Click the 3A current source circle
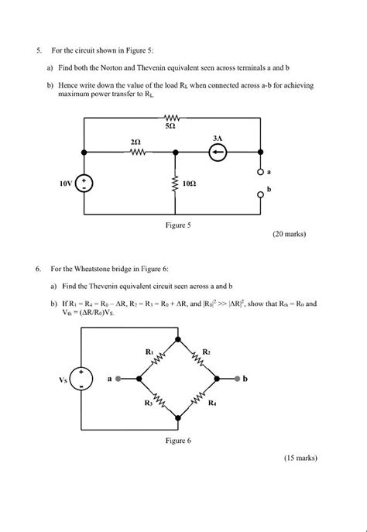[x=218, y=153]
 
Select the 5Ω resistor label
[x=170, y=125]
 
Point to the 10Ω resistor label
[x=189, y=185]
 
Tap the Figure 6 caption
[x=178, y=441]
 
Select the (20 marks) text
[x=290, y=233]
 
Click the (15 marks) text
[x=300, y=458]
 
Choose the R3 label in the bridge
[x=148, y=403]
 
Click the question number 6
[x=37, y=269]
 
